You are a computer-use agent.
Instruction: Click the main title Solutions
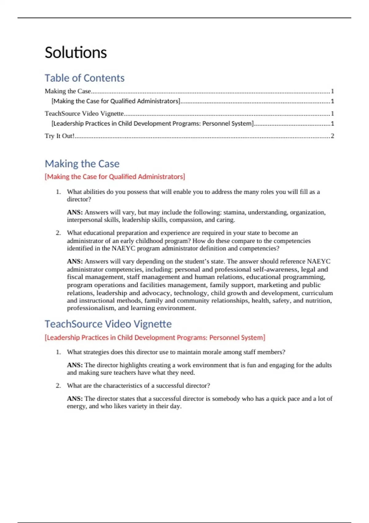(76, 53)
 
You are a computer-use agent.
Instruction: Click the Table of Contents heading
(85, 78)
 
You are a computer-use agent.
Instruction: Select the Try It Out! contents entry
(60, 136)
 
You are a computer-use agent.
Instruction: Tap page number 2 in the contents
(332, 136)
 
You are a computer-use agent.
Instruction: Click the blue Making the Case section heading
(82, 164)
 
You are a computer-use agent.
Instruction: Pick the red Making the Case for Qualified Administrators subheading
(115, 177)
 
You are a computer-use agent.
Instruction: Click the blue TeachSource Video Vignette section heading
(108, 324)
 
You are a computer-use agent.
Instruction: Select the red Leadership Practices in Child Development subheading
(155, 338)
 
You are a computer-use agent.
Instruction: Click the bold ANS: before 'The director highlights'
(75, 365)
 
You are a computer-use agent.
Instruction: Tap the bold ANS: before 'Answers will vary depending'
(75, 261)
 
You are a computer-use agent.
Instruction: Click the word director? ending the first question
(79, 199)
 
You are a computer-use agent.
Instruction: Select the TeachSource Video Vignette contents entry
(84, 114)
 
